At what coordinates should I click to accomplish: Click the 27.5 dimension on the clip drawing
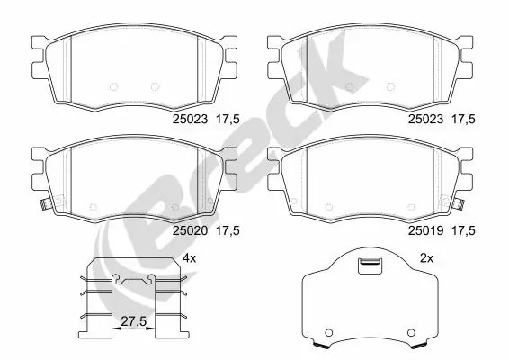pos(133,320)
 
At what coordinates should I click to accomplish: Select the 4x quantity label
pos(190,258)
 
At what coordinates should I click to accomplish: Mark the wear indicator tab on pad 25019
pos(460,203)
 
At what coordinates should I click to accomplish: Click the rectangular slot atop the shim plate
pos(369,265)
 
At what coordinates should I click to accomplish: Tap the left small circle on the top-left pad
pos(113,86)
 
